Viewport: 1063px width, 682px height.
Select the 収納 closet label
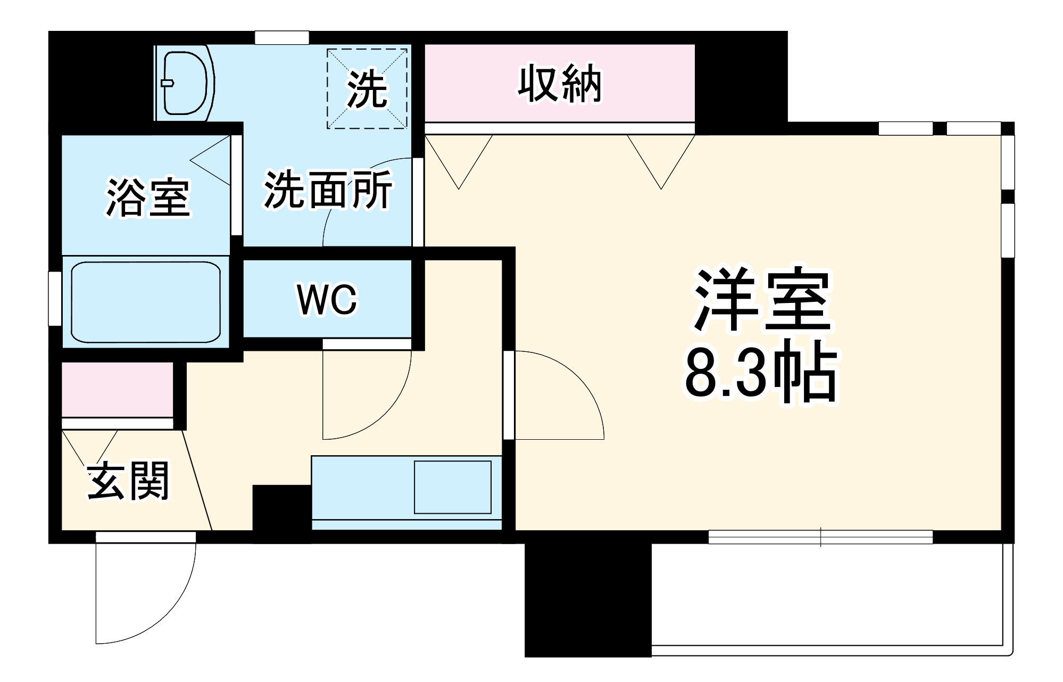[x=560, y=84]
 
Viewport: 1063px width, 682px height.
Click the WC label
[x=327, y=299]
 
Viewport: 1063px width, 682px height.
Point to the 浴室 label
[x=147, y=198]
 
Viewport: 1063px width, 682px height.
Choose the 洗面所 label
[x=328, y=190]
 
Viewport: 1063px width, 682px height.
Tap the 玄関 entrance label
[x=128, y=481]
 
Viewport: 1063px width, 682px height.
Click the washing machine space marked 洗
[x=367, y=89]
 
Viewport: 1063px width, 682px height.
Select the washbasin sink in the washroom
[x=184, y=83]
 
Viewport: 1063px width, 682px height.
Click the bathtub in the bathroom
[x=145, y=302]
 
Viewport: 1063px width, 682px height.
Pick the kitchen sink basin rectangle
[x=452, y=487]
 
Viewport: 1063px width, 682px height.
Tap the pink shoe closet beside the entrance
[x=118, y=389]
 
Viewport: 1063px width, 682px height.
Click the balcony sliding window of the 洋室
[x=820, y=537]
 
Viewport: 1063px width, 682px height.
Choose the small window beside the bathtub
[x=55, y=298]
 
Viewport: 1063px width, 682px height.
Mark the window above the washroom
[x=282, y=38]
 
